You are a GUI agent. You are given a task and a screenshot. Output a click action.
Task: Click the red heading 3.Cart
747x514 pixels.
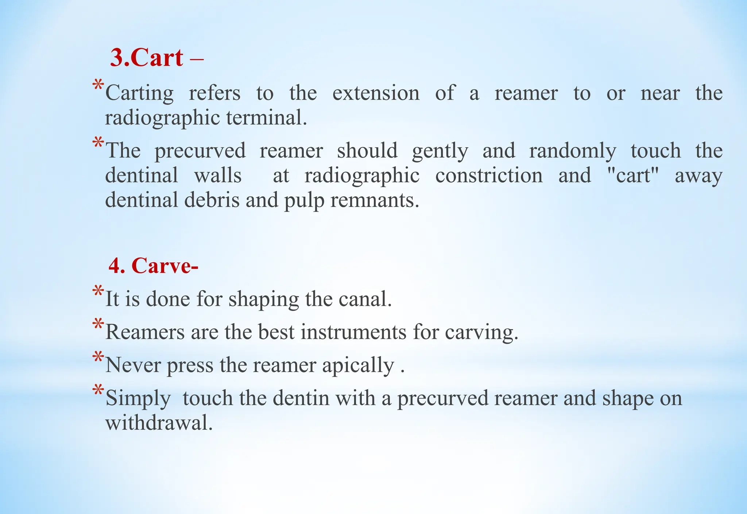147,58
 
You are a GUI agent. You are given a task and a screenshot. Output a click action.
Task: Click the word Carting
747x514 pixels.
139,93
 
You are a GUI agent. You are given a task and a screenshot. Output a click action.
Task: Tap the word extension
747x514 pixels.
376,93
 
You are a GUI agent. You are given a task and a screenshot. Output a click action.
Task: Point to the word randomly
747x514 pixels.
573,151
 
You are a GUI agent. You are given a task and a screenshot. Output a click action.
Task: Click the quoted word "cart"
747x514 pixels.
634,175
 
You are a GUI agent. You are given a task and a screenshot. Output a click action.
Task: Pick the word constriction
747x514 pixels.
489,175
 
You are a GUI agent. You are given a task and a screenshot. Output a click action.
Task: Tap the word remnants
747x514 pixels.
375,200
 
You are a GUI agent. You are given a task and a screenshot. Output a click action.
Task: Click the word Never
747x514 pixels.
133,365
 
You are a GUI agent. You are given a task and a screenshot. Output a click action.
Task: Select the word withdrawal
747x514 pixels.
159,423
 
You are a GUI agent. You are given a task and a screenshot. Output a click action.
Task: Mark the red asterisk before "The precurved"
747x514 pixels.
98,143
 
